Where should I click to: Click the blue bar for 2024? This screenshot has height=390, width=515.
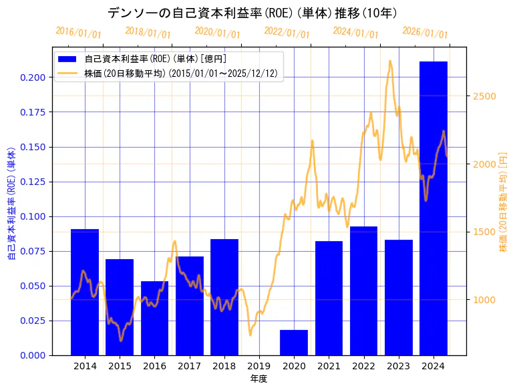coord(433,208)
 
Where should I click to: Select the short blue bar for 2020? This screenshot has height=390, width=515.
coord(294,342)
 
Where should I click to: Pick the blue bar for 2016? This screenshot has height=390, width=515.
coord(154,318)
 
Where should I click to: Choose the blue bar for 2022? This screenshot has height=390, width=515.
coord(363,290)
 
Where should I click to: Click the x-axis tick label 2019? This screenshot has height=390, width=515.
coord(259,366)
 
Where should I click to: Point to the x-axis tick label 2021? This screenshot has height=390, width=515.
coord(329,366)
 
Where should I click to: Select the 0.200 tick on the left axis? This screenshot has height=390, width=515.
coord(32,77)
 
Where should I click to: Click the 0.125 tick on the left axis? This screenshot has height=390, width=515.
coord(32,182)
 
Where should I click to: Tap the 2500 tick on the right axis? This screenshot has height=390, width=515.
coord(484,96)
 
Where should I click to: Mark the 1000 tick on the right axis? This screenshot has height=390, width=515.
coord(484,300)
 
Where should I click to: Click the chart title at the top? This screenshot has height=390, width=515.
coord(257,13)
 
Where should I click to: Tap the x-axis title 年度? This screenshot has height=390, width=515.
coord(259,379)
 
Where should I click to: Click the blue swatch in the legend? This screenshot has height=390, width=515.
coord(67,59)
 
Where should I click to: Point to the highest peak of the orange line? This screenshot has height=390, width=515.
coord(390,61)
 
